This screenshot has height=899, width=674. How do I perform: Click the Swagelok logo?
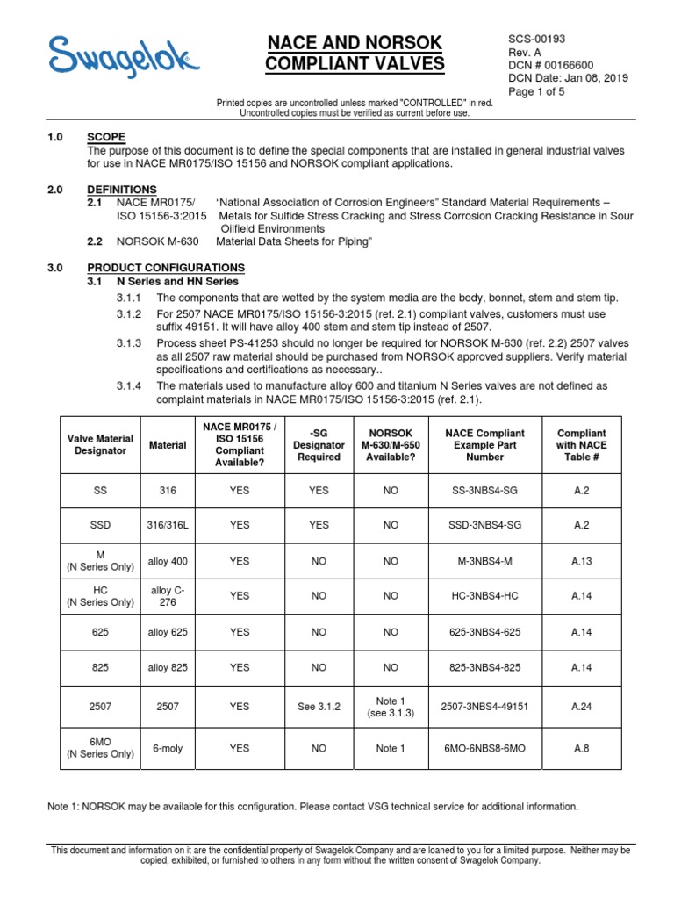123,57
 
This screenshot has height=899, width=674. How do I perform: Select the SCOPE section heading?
106,137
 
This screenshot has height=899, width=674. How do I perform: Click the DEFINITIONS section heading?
122,190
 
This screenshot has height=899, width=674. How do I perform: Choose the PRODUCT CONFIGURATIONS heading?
166,267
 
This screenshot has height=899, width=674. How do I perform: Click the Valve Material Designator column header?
100,444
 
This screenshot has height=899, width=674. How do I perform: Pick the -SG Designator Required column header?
319,444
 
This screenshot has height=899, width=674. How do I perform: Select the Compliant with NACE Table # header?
581,444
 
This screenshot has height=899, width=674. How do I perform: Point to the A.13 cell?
581,559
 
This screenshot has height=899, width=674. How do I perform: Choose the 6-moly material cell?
167,748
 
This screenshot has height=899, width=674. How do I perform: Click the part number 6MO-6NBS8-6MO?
484,748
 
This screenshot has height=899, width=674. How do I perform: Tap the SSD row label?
100,525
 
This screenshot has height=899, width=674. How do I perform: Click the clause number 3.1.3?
129,342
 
